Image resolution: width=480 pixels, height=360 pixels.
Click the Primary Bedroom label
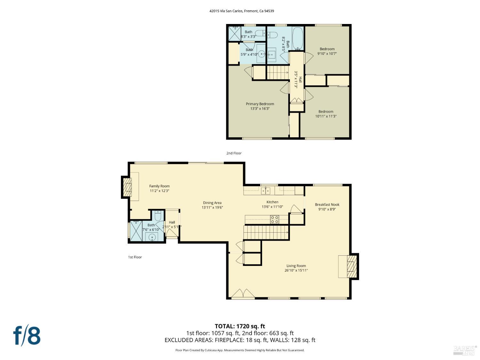point(260,104)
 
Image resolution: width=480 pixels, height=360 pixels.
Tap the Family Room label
point(159,186)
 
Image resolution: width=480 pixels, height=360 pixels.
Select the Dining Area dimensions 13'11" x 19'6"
point(212,207)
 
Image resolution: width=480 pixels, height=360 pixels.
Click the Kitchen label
point(272,202)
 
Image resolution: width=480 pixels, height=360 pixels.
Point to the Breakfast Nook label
point(327,204)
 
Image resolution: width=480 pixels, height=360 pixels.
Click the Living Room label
point(296,266)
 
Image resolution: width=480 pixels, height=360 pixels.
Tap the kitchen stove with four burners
point(275,220)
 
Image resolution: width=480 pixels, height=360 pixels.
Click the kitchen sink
point(265,191)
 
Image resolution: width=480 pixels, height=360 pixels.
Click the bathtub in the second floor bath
point(298,38)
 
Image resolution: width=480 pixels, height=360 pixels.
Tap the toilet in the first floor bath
point(158,216)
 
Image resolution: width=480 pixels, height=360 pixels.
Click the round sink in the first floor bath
point(152,237)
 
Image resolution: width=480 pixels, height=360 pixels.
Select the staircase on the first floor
point(266,232)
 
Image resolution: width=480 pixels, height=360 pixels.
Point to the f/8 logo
point(27,335)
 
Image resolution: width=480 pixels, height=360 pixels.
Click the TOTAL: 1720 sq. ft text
point(240,326)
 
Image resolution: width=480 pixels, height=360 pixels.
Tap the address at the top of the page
point(242,11)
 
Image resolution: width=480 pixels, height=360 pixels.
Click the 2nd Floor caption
point(234,153)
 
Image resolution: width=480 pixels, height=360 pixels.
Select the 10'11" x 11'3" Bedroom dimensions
point(326,116)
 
